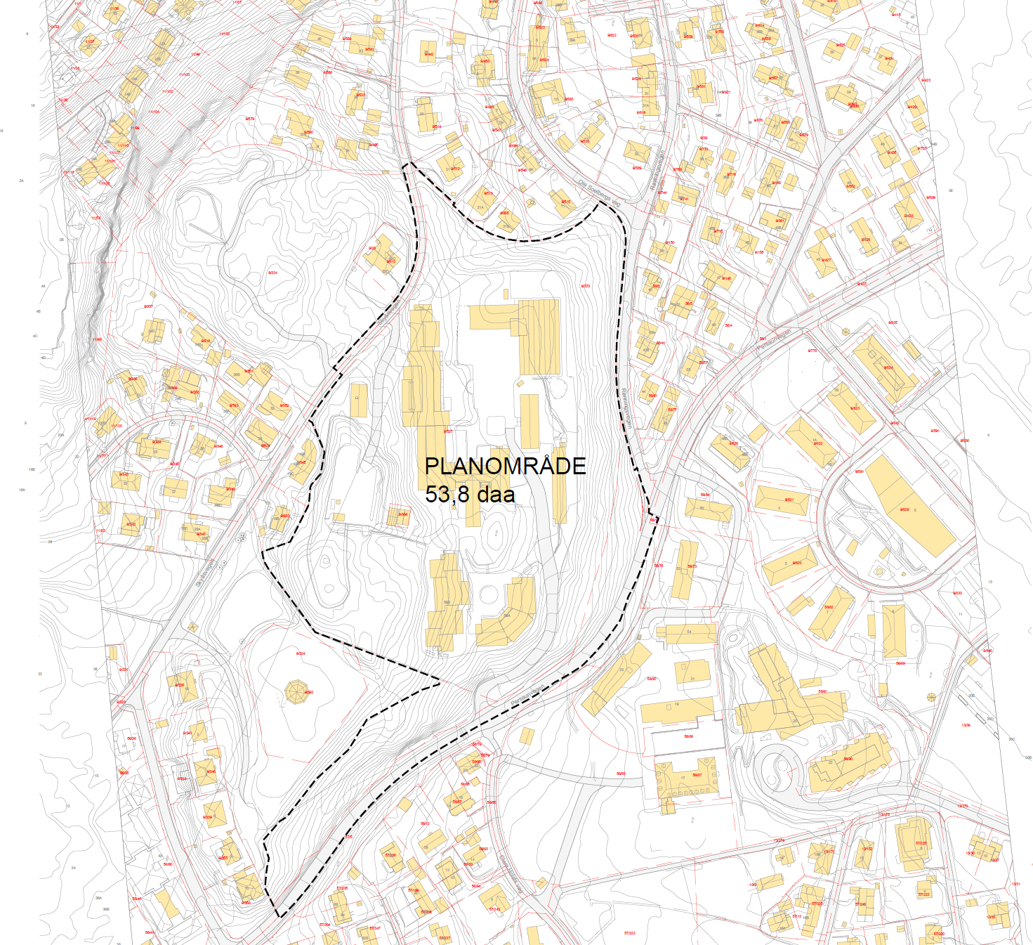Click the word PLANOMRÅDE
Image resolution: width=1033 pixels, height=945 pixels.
pyautogui.click(x=505, y=466)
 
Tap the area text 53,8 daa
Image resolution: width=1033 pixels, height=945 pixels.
pyautogui.click(x=470, y=494)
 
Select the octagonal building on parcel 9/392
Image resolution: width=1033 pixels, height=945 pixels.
pyautogui.click(x=297, y=692)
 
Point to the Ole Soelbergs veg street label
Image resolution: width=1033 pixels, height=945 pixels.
pyautogui.click(x=599, y=193)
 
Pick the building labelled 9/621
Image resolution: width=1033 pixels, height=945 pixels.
pyautogui.click(x=782, y=500)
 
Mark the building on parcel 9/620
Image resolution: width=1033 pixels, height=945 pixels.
pyautogui.click(x=789, y=564)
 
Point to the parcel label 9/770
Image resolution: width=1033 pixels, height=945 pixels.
pyautogui.click(x=812, y=350)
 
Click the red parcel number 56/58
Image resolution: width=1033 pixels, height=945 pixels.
pyautogui.click(x=621, y=774)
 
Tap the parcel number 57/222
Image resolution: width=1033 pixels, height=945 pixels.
pyautogui.click(x=629, y=933)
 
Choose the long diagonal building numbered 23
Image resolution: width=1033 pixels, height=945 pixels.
pyautogui.click(x=617, y=678)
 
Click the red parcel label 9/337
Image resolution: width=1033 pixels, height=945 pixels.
pyautogui.click(x=148, y=306)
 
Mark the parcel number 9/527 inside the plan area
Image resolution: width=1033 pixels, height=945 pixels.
pyautogui.click(x=448, y=431)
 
